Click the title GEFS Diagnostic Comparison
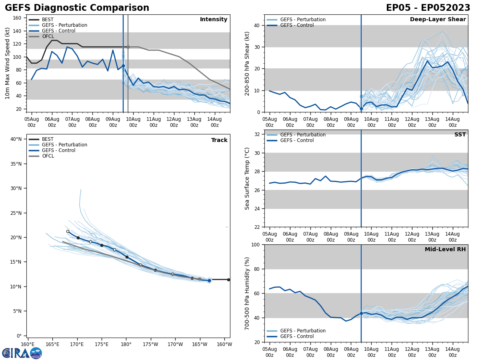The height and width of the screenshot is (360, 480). click(77, 8)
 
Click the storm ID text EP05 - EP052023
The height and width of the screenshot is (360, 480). click(428, 8)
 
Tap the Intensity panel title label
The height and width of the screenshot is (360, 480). click(214, 20)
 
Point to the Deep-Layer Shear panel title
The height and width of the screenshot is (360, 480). click(438, 20)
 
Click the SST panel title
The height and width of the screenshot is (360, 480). click(460, 135)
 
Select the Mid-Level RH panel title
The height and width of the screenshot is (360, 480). click(445, 250)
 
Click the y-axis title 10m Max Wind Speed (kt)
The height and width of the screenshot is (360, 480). click(8, 63)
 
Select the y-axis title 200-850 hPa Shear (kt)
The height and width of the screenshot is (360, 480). click(248, 63)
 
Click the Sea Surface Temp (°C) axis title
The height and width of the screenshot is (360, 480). click(248, 178)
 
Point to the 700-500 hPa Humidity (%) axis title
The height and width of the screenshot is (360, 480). click(248, 293)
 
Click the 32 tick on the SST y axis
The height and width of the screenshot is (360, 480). click(258, 134)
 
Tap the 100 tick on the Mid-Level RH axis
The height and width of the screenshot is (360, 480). click(256, 245)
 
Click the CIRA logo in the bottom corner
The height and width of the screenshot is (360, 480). click(22, 353)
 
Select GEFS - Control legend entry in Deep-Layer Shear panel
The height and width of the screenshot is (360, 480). click(297, 25)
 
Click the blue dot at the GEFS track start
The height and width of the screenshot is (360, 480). click(209, 280)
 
